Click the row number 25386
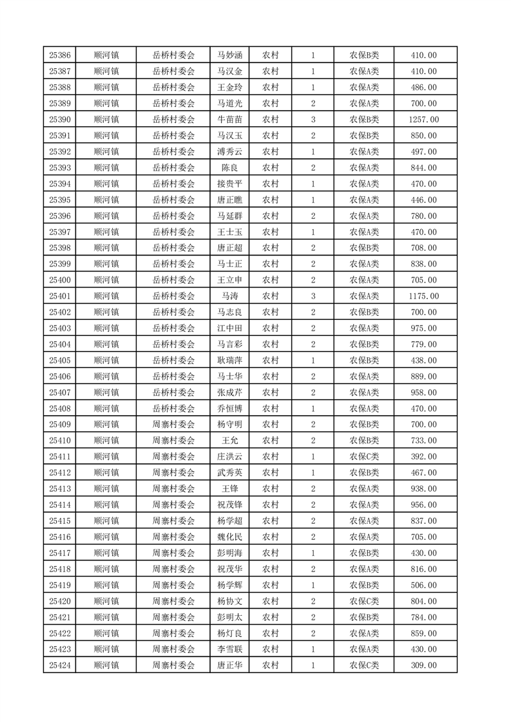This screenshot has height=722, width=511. (x=59, y=55)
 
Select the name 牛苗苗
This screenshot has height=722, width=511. (x=230, y=120)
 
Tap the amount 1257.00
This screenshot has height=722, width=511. (x=423, y=120)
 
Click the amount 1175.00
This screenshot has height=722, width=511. (x=423, y=296)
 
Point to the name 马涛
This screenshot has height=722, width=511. (x=230, y=296)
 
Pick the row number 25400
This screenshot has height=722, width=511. (x=59, y=280)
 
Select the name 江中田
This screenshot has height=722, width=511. (x=230, y=328)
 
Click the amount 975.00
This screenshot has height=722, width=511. (x=423, y=328)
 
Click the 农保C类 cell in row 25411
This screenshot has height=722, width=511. (x=364, y=457)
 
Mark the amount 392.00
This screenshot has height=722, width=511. (x=423, y=457)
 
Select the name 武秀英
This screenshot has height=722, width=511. (x=230, y=473)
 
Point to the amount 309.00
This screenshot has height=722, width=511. (x=423, y=665)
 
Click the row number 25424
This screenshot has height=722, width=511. (x=59, y=665)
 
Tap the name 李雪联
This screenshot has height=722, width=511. (x=230, y=649)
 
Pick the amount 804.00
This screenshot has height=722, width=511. (x=423, y=601)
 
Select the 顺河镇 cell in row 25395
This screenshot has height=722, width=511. (x=106, y=200)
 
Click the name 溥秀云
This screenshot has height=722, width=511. (x=230, y=152)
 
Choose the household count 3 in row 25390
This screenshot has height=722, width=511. (x=313, y=120)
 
